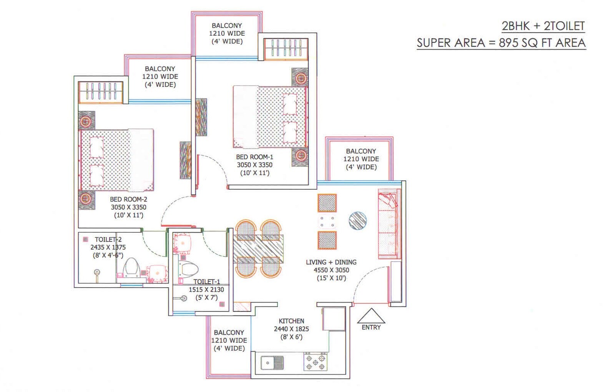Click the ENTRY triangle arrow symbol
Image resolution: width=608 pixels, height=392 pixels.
pyautogui.click(x=371, y=316)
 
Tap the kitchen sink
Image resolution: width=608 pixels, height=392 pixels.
pyautogui.click(x=272, y=362)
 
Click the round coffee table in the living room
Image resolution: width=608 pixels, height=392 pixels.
pyautogui.click(x=358, y=221)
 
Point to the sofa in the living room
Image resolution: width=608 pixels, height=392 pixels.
pyautogui.click(x=389, y=224)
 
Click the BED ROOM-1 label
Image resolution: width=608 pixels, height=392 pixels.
pyautogui.click(x=254, y=157)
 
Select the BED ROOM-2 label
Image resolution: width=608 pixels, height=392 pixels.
pyautogui.click(x=128, y=199)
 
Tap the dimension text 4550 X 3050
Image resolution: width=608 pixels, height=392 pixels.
pyautogui.click(x=331, y=270)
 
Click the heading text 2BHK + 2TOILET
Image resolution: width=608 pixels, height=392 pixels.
pyautogui.click(x=543, y=26)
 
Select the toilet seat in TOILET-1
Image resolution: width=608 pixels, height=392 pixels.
pyautogui.click(x=189, y=269)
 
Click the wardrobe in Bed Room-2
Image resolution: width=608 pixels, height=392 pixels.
pyautogui.click(x=101, y=92)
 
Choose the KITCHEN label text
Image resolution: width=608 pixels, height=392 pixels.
pyautogui.click(x=291, y=321)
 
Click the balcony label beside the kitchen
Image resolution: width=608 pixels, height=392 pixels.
pyautogui.click(x=229, y=332)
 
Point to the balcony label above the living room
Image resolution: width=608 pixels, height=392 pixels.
pyautogui.click(x=361, y=151)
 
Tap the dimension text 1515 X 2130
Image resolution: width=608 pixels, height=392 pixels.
pyautogui.click(x=206, y=290)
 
